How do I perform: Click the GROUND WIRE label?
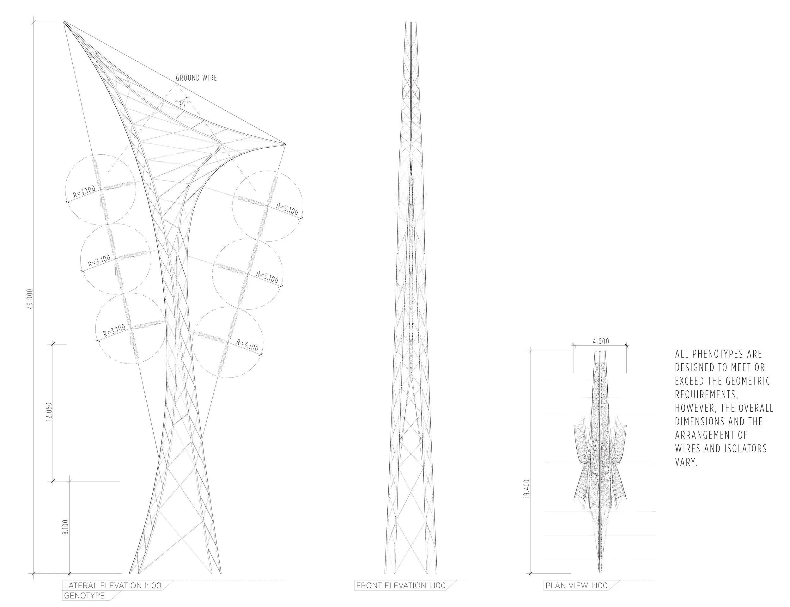coord(196,78)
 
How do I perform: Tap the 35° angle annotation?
coord(183,104)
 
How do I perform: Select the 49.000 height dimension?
coord(30,298)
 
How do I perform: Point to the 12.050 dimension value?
coord(50,412)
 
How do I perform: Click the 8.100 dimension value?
coord(65,528)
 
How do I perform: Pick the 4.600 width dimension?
coord(601,341)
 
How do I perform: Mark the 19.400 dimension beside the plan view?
coord(526,489)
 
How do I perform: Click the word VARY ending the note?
coord(686,463)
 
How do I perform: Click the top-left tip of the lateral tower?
coord(64,22)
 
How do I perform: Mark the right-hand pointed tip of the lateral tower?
coord(285,144)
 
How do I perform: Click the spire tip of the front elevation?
coord(411,23)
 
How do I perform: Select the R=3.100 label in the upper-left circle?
coord(84,192)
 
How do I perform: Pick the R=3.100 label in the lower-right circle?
coord(248,345)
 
